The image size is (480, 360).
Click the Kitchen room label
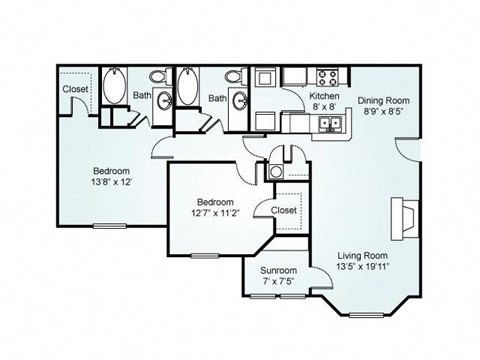pyautogui.click(x=324, y=96)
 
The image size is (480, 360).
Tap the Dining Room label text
pyautogui.click(x=384, y=100)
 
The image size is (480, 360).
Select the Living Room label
pyautogui.click(x=363, y=256)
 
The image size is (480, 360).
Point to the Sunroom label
pyautogui.click(x=278, y=270)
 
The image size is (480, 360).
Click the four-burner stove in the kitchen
pyautogui.click(x=327, y=77)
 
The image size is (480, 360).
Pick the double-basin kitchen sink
pyautogui.click(x=330, y=124)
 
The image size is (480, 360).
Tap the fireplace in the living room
pyautogui.click(x=405, y=219)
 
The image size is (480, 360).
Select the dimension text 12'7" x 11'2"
pyautogui.click(x=216, y=213)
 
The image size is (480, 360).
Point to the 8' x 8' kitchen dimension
pyautogui.click(x=324, y=107)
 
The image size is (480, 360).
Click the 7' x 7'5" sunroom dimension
pyautogui.click(x=278, y=281)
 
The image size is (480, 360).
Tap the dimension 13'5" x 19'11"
pyautogui.click(x=363, y=267)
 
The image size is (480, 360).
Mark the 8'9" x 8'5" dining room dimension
pyautogui.click(x=384, y=111)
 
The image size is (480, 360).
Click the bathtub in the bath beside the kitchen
pyautogui.click(x=188, y=86)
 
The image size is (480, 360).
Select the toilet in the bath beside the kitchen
pyautogui.click(x=236, y=76)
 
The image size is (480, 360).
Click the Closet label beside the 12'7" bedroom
pyautogui.click(x=284, y=210)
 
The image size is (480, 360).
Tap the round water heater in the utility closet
pyautogui.click(x=276, y=172)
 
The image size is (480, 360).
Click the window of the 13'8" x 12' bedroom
pyautogui.click(x=110, y=226)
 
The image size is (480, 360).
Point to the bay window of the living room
pyautogui.click(x=366, y=315)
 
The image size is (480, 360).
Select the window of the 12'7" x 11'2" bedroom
pyautogui.click(x=205, y=256)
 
